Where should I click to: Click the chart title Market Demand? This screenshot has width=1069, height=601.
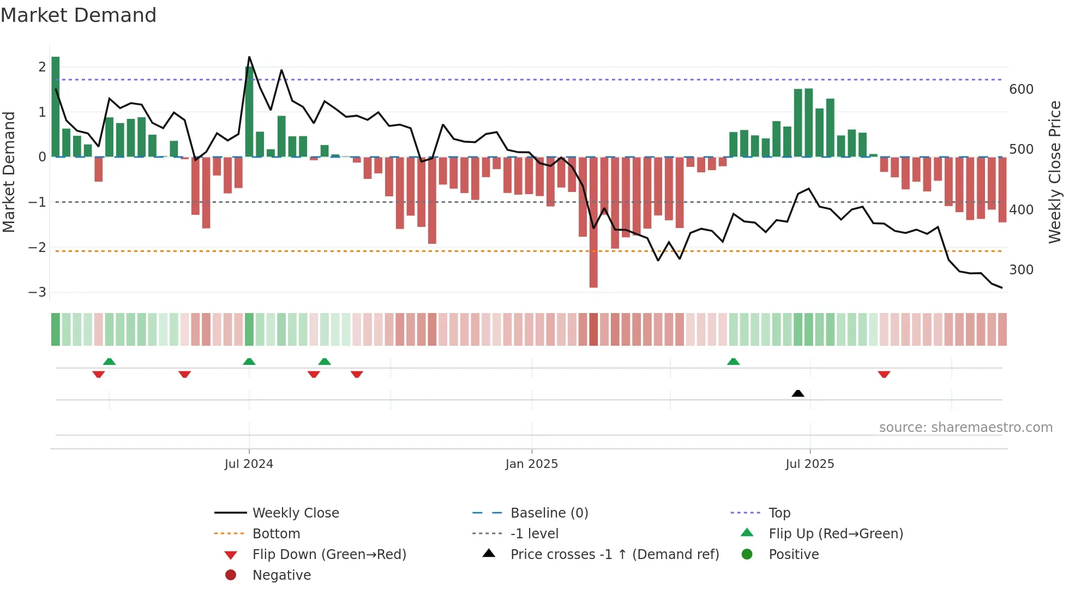pyautogui.click(x=79, y=15)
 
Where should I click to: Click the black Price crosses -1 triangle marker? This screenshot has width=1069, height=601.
pyautogui.click(x=797, y=393)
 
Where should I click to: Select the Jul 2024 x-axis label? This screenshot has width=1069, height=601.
pyautogui.click(x=249, y=464)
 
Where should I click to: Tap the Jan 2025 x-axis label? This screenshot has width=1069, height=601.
pyautogui.click(x=531, y=464)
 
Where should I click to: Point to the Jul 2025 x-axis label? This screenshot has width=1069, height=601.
pyautogui.click(x=809, y=464)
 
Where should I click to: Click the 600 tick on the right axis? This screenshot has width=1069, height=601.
pyautogui.click(x=1021, y=89)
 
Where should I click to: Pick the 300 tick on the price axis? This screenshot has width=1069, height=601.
pyautogui.click(x=1021, y=270)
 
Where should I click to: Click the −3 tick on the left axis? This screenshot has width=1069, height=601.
pyautogui.click(x=38, y=292)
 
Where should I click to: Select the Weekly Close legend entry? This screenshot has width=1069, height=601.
pyautogui.click(x=295, y=513)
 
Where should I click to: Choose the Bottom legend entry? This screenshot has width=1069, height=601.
pyautogui.click(x=276, y=534)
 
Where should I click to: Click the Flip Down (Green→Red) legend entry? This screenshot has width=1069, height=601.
pyautogui.click(x=329, y=555)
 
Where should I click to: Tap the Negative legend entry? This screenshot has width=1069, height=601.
pyautogui.click(x=281, y=575)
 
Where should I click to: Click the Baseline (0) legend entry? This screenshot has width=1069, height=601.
pyautogui.click(x=549, y=513)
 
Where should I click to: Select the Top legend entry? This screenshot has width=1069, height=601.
pyautogui.click(x=779, y=513)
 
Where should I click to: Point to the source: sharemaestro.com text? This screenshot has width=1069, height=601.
pyautogui.click(x=965, y=428)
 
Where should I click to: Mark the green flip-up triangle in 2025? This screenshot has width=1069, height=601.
pyautogui.click(x=733, y=362)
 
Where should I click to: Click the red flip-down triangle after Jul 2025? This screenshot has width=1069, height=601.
pyautogui.click(x=884, y=374)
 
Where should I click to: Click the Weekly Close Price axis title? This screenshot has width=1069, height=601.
pyautogui.click(x=1055, y=172)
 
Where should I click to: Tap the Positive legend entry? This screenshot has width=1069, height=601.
pyautogui.click(x=793, y=555)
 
